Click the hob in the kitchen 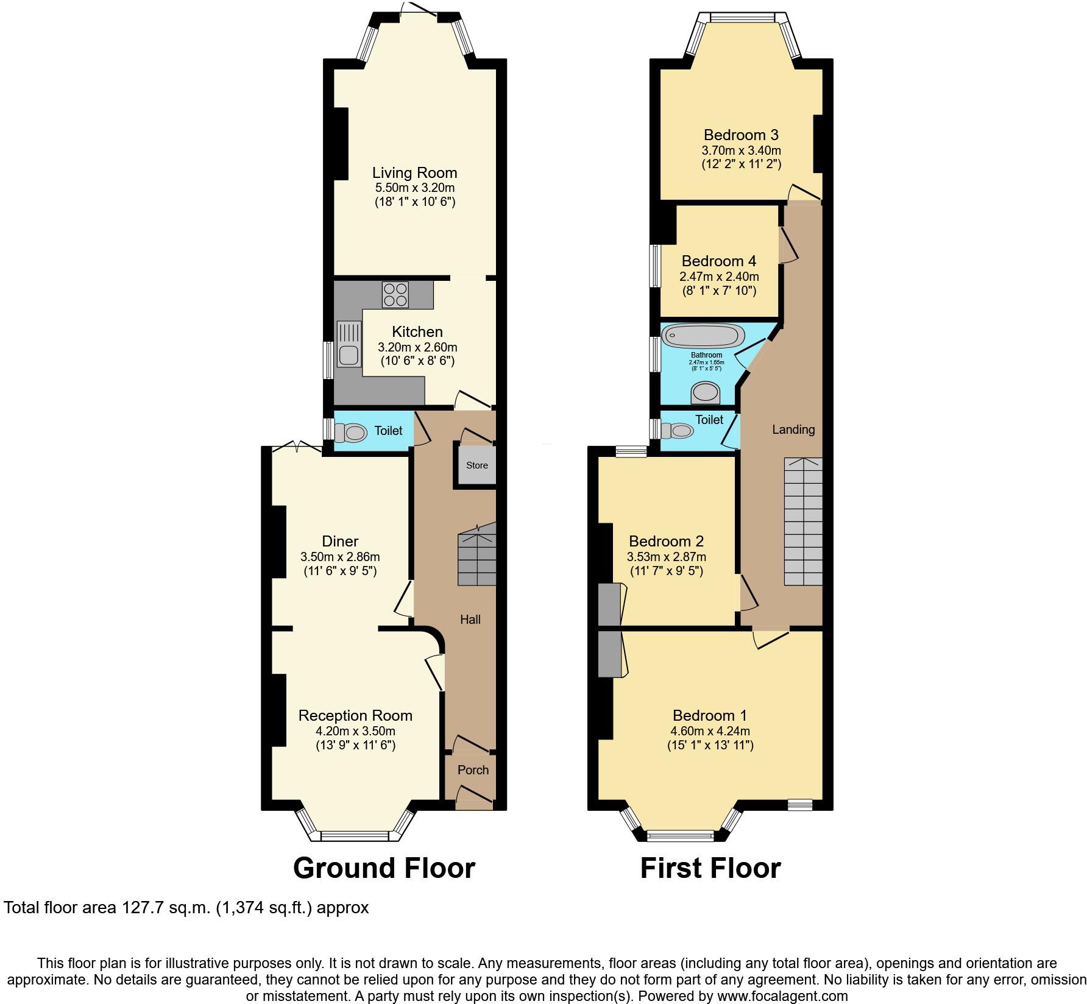click(395, 295)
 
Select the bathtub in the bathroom click(703, 336)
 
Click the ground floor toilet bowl click(352, 433)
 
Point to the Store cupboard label click(477, 465)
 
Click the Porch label click(473, 770)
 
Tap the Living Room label click(414, 173)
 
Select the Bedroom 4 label click(718, 261)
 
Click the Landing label click(793, 430)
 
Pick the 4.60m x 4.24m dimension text click(710, 731)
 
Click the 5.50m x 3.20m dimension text click(414, 188)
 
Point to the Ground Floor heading click(384, 868)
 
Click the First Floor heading click(710, 868)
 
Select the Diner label click(340, 541)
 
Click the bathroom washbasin click(706, 393)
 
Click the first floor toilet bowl click(680, 431)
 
